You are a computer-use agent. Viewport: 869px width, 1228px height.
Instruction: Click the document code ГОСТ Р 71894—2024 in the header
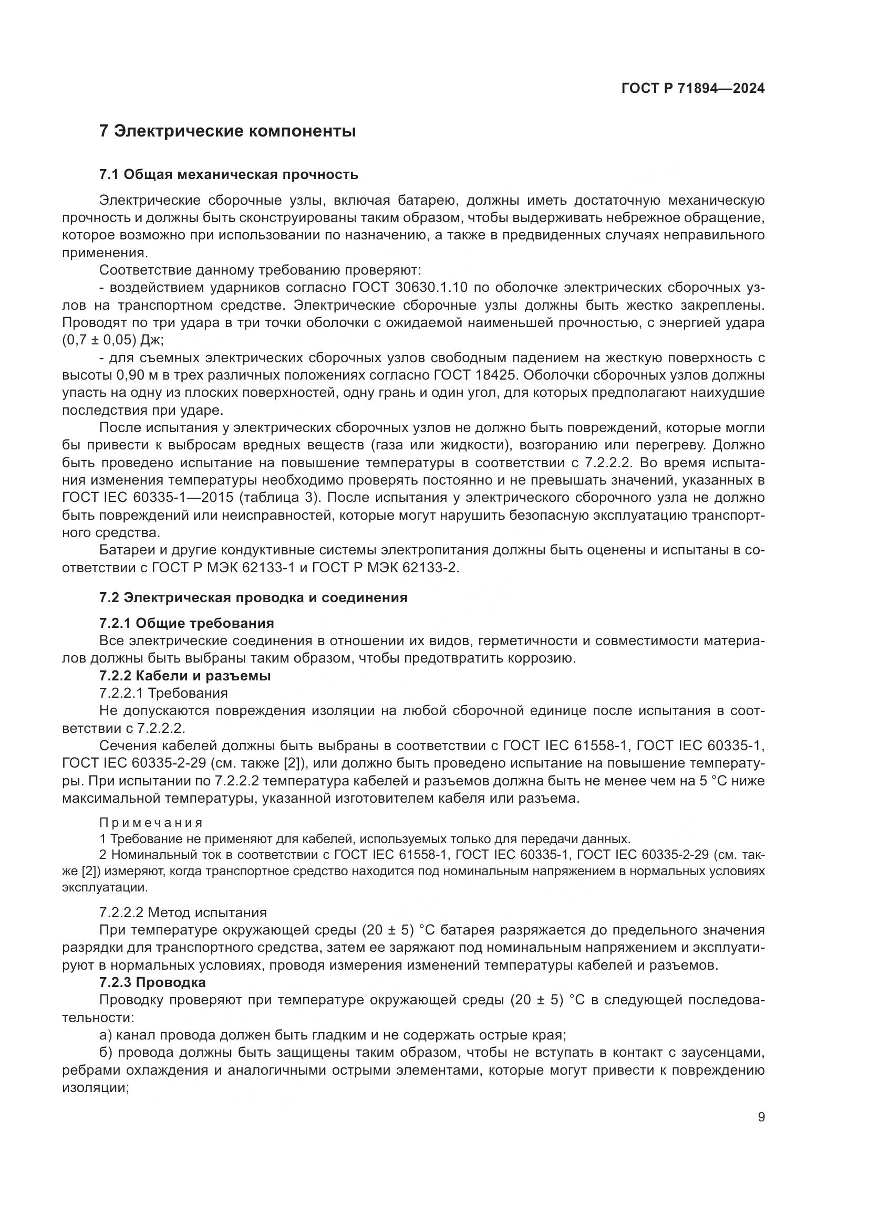pyautogui.click(x=692, y=89)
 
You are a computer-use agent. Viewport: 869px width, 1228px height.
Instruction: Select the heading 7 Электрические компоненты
pyautogui.click(x=227, y=131)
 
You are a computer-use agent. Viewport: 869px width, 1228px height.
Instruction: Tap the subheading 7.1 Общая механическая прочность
pyautogui.click(x=229, y=174)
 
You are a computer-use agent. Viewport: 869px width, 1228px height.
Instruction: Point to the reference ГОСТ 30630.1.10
pyautogui.click(x=410, y=288)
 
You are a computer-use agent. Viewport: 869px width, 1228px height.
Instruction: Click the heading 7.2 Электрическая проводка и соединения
pyautogui.click(x=253, y=597)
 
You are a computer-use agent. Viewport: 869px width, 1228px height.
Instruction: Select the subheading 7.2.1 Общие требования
pyautogui.click(x=187, y=623)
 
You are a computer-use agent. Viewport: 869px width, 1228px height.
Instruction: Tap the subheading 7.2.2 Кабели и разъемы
pyautogui.click(x=185, y=676)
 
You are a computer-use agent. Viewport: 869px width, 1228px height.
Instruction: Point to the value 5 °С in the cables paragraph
pyautogui.click(x=714, y=781)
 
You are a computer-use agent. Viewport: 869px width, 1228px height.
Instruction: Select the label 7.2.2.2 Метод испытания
pyautogui.click(x=183, y=912)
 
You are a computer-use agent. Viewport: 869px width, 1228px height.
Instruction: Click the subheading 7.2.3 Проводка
pyautogui.click(x=152, y=982)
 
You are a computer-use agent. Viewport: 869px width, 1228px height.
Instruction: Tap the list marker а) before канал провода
pyautogui.click(x=106, y=1034)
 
